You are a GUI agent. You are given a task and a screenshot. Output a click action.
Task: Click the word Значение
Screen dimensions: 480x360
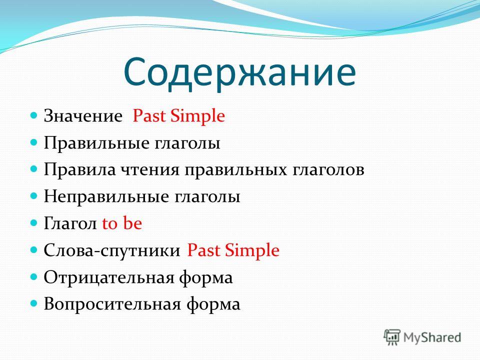(x=83, y=116)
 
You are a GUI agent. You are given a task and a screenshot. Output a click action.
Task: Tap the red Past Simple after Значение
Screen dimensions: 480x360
(x=179, y=116)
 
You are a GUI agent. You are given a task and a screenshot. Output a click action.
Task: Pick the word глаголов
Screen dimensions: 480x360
(x=328, y=170)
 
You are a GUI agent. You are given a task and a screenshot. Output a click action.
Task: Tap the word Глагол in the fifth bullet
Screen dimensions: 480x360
(x=70, y=223)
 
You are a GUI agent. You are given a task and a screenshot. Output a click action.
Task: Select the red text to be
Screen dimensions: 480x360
(x=122, y=223)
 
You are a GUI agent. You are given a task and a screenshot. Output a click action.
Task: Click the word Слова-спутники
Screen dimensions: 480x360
(x=112, y=250)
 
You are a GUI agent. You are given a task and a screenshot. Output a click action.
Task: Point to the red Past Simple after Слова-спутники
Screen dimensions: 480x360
(x=233, y=250)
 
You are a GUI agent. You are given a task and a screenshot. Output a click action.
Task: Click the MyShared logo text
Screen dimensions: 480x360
(x=432, y=337)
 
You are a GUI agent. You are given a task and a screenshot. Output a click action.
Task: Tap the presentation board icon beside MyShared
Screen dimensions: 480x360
(x=392, y=337)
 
